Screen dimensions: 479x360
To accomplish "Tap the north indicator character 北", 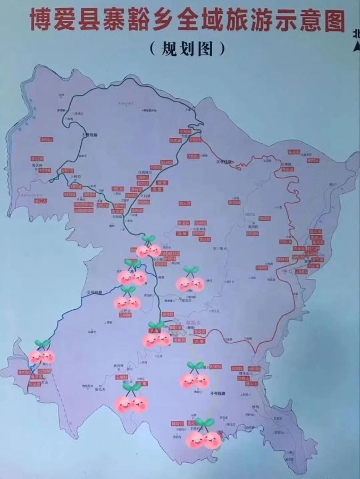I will coord(355,33).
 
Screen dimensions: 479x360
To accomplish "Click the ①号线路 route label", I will coord(89,135).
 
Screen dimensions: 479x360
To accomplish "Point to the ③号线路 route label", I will coord(95,293).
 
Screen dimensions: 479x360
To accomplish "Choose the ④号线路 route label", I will coord(219,394).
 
